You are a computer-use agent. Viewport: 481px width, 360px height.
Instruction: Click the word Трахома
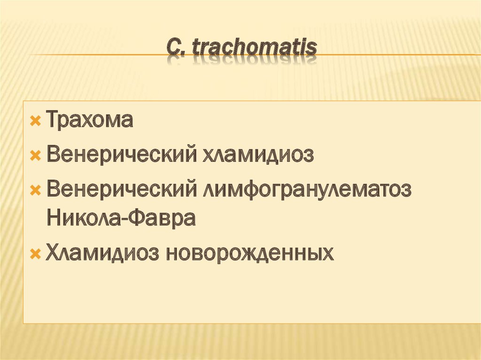pos(90,121)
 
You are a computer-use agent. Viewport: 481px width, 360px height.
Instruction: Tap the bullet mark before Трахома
pos(35,122)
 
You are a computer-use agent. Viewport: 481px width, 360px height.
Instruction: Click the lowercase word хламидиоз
pos(256,154)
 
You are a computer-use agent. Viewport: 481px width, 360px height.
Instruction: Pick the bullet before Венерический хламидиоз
pos(35,155)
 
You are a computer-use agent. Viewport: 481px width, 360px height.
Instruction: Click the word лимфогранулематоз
pos(307,189)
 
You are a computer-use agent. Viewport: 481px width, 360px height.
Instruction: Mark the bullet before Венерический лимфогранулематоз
pos(35,190)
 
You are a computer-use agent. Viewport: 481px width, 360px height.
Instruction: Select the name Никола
pos(83,219)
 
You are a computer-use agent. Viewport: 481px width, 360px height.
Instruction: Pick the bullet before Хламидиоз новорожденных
pos(35,254)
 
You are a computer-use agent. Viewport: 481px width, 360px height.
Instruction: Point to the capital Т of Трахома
pos(52,121)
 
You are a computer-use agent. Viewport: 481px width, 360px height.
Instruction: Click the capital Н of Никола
pos(53,219)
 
